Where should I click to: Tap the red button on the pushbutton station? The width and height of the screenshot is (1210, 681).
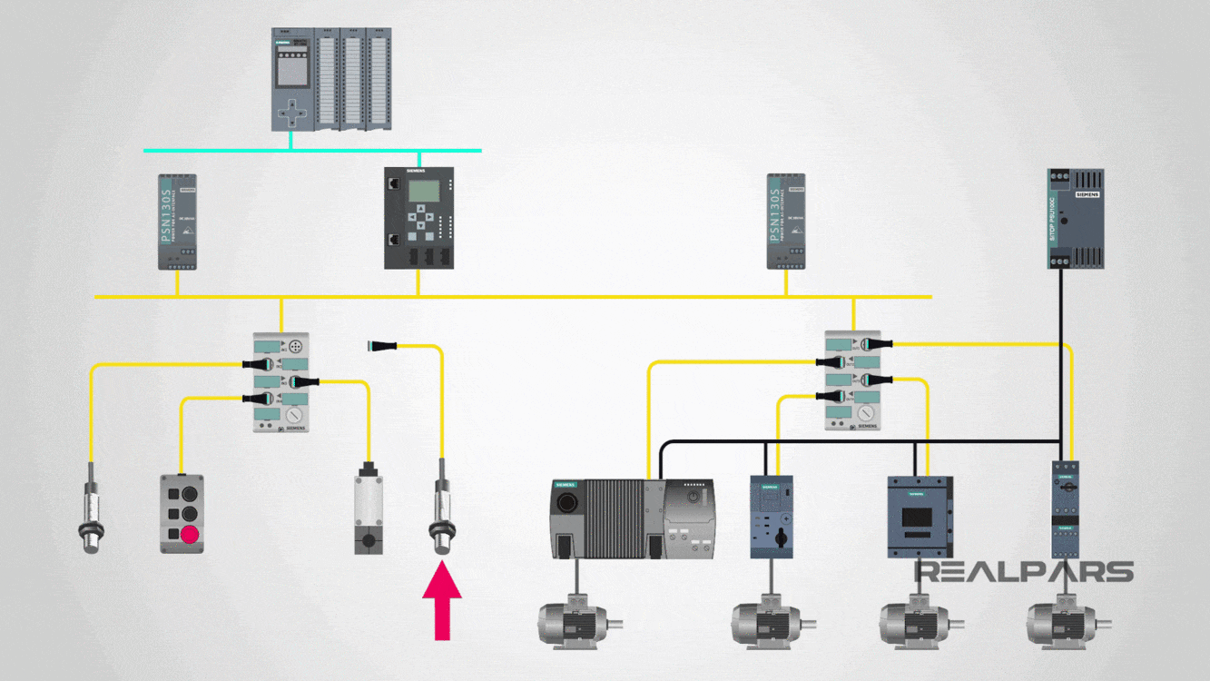click(x=189, y=534)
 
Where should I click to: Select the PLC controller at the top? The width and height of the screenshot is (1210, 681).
click(x=331, y=79)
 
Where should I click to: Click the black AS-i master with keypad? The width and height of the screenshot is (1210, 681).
click(x=418, y=218)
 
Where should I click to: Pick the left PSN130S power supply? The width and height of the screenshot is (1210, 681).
click(x=177, y=222)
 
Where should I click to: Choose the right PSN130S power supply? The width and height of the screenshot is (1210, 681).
click(x=786, y=222)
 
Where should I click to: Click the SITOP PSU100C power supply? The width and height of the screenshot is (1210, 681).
click(x=1075, y=218)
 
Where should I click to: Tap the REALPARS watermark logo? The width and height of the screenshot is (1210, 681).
click(x=1023, y=572)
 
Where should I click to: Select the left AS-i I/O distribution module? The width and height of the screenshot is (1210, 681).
click(x=280, y=382)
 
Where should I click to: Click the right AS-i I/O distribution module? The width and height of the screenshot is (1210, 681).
click(x=852, y=380)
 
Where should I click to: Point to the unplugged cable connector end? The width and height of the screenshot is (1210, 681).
click(x=379, y=346)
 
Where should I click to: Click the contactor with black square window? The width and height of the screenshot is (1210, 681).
click(x=919, y=517)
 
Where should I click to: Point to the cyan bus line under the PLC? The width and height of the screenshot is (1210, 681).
click(x=312, y=150)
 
